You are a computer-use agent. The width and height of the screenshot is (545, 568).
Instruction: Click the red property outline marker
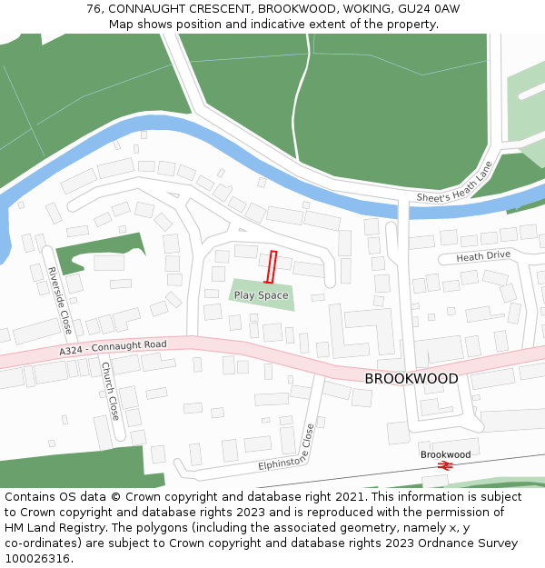pos(271,267)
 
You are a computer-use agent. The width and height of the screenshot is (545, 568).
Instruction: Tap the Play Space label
pos(261,295)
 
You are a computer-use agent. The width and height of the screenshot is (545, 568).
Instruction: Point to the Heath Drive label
pos(483,256)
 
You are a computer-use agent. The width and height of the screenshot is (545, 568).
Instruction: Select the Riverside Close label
pos(60,300)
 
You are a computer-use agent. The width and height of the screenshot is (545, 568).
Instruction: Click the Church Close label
pos(109,391)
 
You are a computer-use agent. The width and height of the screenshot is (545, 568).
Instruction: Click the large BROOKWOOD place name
pos(411,379)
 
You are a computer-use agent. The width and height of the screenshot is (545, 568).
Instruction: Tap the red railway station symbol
pos(445,465)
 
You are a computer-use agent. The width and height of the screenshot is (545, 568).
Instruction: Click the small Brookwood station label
pos(445,454)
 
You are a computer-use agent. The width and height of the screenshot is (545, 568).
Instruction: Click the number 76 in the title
pos(94,8)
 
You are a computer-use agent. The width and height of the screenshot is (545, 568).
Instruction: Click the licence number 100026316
pos(37,559)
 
